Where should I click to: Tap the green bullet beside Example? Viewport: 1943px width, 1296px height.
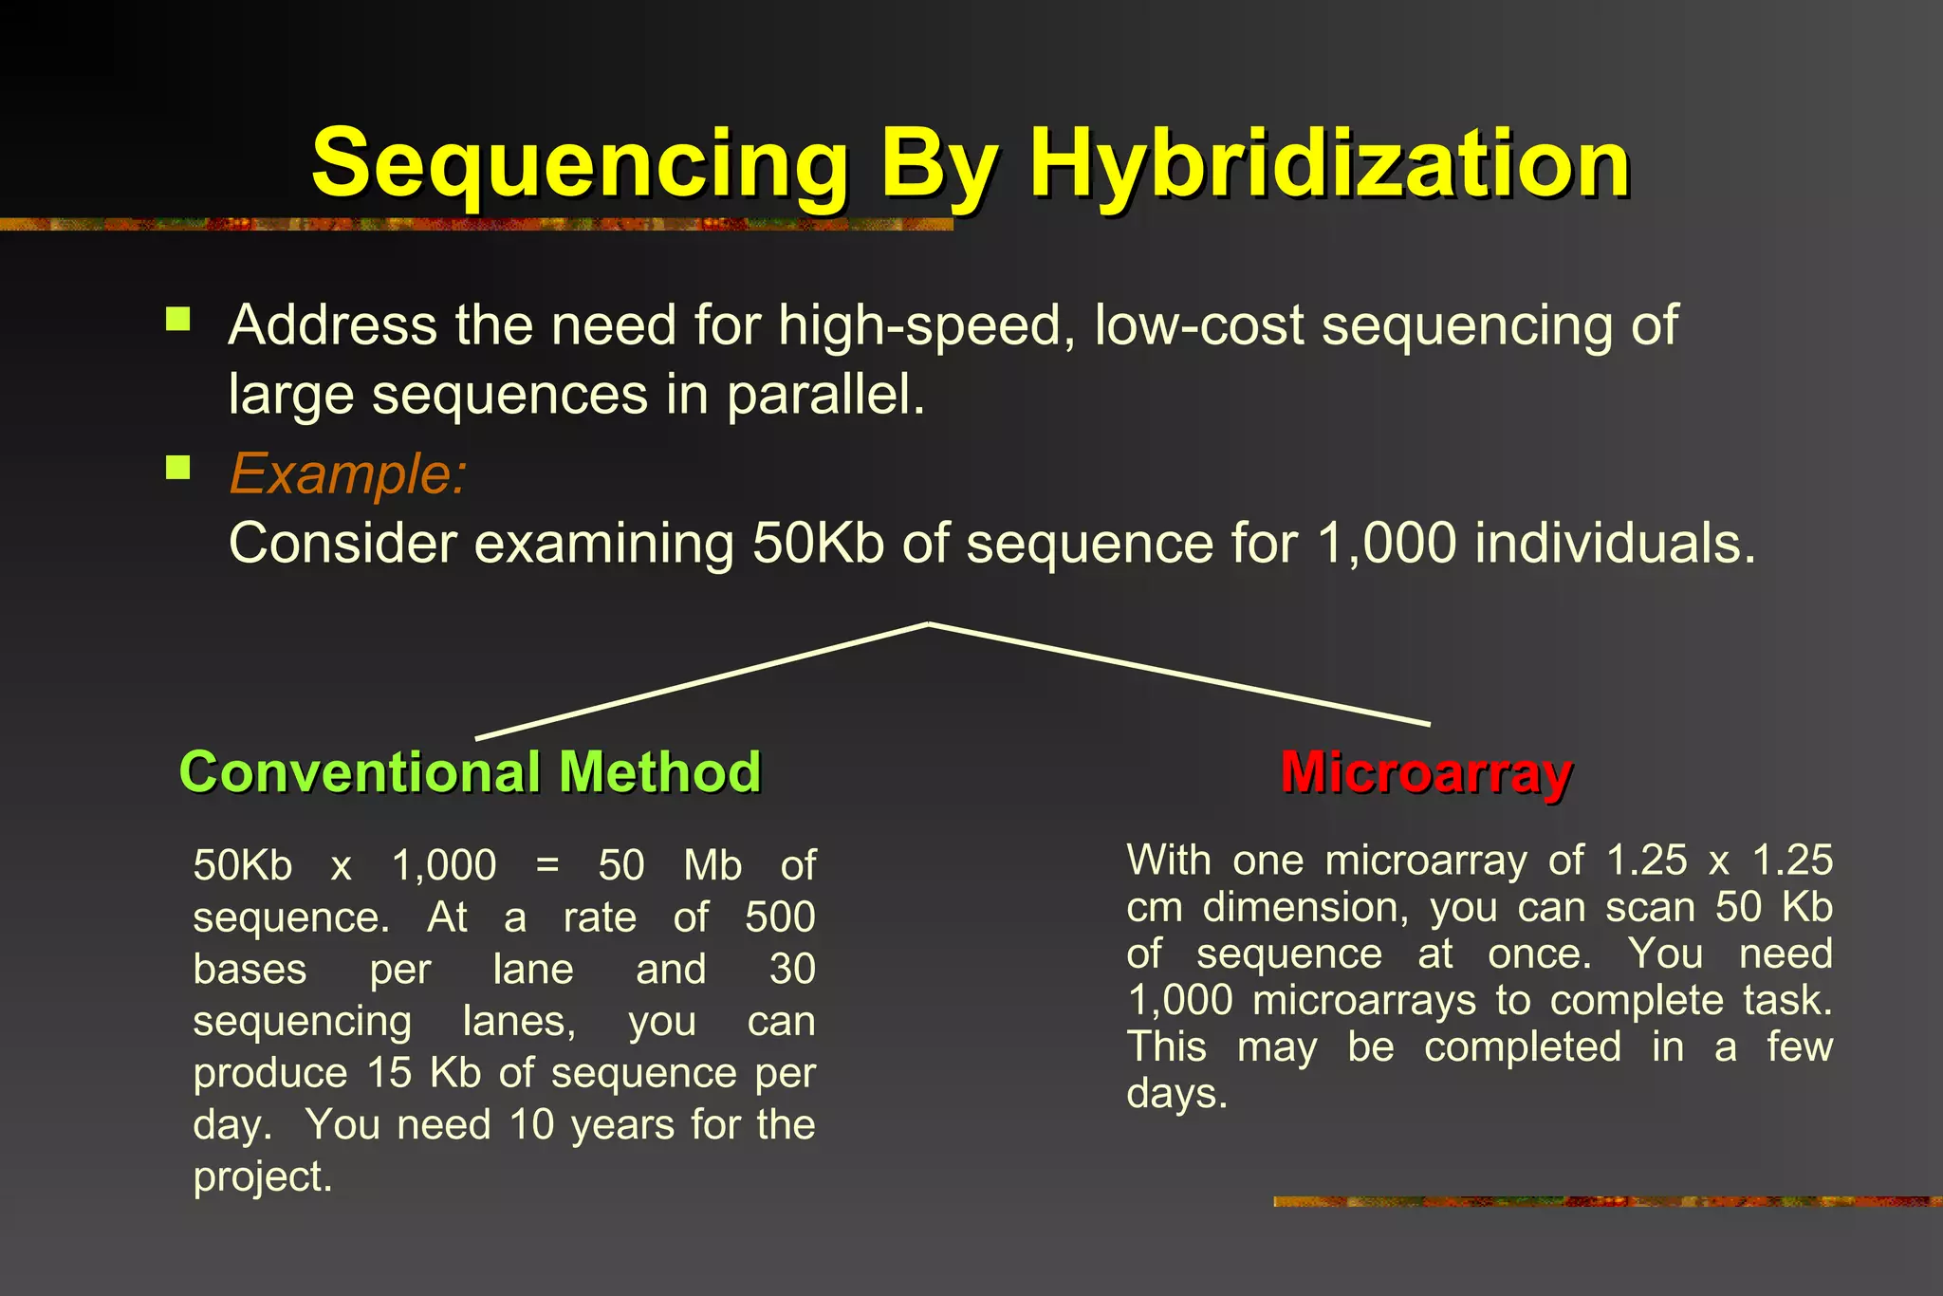[177, 467]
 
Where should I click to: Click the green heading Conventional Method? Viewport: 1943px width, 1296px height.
[470, 771]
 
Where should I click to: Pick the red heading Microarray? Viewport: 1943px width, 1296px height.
[1426, 771]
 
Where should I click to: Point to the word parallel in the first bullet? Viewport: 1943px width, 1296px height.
[824, 395]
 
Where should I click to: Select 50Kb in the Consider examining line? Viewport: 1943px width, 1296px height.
[818, 544]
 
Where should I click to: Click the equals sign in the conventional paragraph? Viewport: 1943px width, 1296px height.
[547, 865]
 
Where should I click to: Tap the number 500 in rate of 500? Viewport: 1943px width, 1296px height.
[780, 917]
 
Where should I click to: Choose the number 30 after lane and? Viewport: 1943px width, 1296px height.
[792, 970]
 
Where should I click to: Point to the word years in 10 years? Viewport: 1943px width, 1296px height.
[621, 1125]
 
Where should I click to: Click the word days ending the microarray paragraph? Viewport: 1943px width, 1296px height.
[1176, 1094]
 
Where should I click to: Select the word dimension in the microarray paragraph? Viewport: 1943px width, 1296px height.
[1305, 908]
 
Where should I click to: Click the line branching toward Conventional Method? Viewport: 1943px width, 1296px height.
[702, 680]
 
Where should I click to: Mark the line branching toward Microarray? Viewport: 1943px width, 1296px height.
[1179, 674]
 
